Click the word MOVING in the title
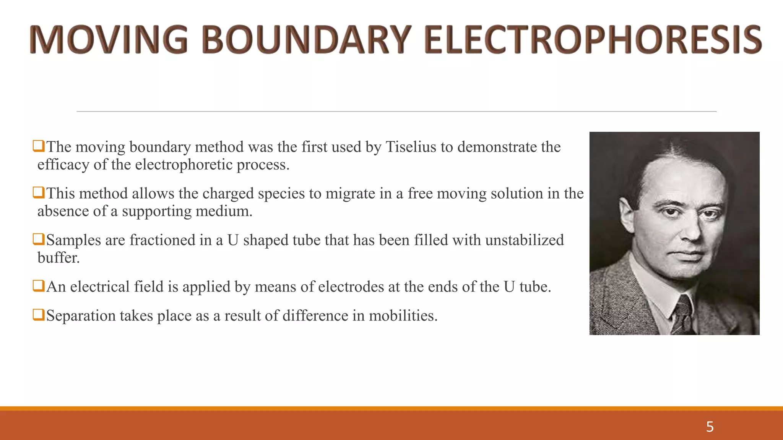pos(109,40)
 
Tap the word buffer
pos(58,258)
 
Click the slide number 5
pos(710,427)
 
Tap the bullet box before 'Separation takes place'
pos(39,315)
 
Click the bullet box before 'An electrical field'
pos(39,286)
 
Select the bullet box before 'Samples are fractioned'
pos(39,239)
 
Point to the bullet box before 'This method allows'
pos(39,192)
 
